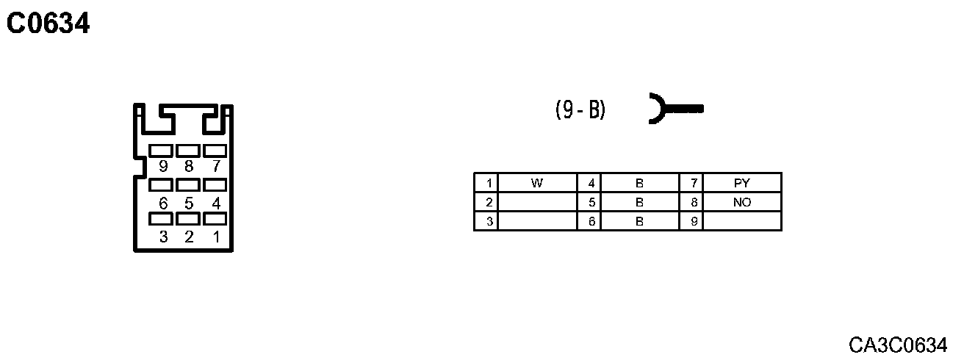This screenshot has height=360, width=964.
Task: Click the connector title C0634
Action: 48,24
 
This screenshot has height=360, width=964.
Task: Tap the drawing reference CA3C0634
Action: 898,345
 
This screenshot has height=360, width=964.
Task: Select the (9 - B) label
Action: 580,109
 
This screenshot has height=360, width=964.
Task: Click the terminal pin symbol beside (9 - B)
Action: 675,109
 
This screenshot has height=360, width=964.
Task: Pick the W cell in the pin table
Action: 537,183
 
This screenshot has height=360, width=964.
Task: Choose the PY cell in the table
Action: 742,183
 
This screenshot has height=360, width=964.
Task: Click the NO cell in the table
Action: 742,202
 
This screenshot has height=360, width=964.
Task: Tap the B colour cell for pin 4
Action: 639,183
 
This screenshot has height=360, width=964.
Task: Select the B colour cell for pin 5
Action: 639,202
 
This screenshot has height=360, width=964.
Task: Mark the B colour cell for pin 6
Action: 639,221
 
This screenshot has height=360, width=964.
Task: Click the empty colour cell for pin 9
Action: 742,221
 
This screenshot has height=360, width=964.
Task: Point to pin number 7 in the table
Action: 693,183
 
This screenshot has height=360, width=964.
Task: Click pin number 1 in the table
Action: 487,183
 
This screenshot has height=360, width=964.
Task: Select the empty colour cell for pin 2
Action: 537,202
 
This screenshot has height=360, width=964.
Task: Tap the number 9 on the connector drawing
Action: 163,167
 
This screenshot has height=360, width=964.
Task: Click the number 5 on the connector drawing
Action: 189,203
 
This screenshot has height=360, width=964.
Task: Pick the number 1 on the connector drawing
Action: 216,237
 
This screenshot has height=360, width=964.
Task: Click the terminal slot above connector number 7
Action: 215,151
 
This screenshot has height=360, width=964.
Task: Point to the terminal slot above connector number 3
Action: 161,219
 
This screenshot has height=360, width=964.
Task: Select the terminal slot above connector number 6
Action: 161,185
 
